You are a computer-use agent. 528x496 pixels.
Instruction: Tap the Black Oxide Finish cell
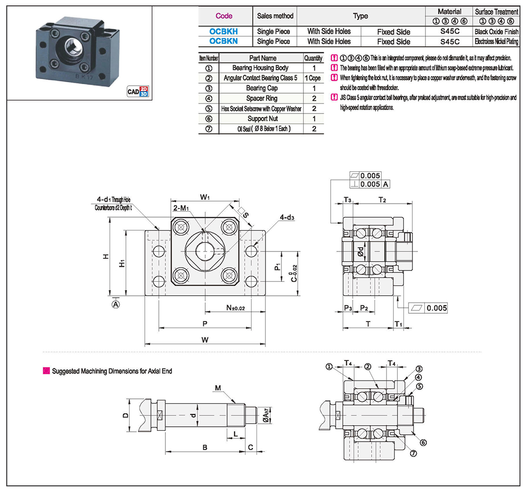497,31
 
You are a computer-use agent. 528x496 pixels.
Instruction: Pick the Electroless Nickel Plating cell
497,41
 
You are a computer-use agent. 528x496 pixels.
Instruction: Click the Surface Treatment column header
497,11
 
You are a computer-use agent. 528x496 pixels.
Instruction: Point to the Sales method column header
275,16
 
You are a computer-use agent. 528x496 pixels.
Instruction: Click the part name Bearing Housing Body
260,68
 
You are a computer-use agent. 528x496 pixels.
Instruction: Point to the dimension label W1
205,198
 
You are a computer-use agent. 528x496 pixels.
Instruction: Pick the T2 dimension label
382,200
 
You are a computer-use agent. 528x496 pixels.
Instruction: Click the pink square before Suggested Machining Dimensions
46,371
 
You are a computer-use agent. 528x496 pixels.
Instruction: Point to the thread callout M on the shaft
217,388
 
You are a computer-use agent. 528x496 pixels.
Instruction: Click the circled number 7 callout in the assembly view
412,453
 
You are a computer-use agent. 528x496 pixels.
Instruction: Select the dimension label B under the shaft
204,447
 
